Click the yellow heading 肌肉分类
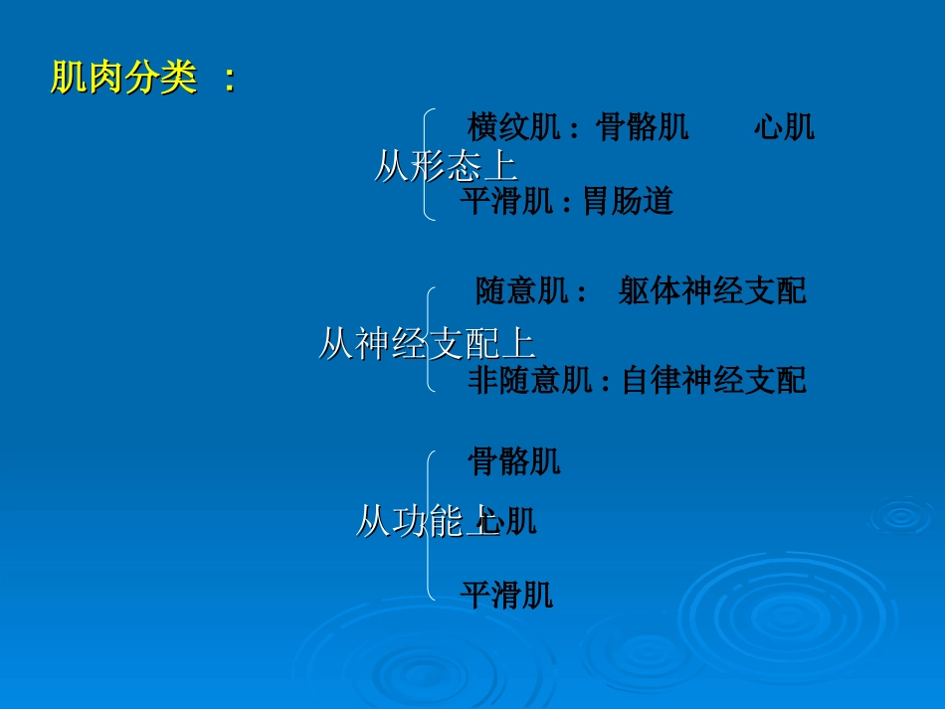point(124,78)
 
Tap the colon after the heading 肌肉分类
point(230,80)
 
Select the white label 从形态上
point(445,166)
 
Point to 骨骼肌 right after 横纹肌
point(642,127)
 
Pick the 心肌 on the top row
point(784,127)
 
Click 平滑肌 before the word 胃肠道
point(506,202)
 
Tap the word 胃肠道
point(629,202)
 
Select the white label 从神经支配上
point(427,344)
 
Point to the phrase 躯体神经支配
point(712,291)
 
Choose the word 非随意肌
point(530,380)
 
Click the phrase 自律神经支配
point(714,380)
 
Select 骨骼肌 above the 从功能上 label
point(514,461)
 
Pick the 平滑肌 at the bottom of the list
point(506,596)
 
